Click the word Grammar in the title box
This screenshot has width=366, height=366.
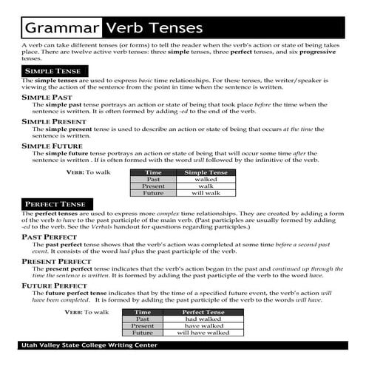[x=62, y=28]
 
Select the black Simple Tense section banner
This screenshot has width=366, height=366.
[x=51, y=70]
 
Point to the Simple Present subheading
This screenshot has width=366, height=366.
[x=54, y=121]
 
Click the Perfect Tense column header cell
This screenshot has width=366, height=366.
[x=204, y=312]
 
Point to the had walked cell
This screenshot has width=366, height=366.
[x=204, y=319]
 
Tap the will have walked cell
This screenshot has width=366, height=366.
[x=204, y=333]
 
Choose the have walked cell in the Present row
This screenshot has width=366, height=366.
[x=204, y=326]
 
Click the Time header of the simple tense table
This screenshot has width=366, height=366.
[x=154, y=172]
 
